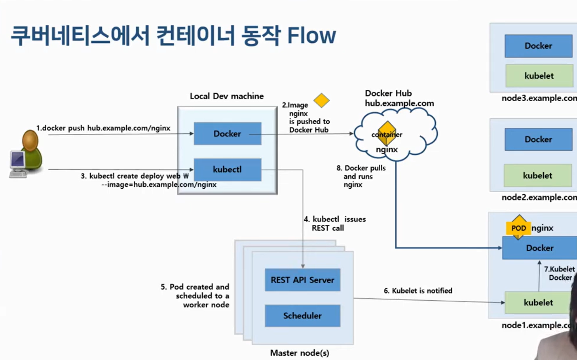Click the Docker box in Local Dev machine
pyautogui.click(x=227, y=134)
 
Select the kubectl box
pyautogui.click(x=227, y=169)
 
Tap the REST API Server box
pyautogui.click(x=302, y=280)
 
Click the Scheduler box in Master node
pyautogui.click(x=302, y=316)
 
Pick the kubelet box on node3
pyautogui.click(x=539, y=76)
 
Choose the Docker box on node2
pyautogui.click(x=538, y=139)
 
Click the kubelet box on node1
pyautogui.click(x=538, y=303)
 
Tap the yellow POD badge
pyautogui.click(x=518, y=228)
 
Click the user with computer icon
pyautogui.click(x=26, y=154)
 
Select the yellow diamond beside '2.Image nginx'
pyautogui.click(x=321, y=100)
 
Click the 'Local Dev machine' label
pyautogui.click(x=227, y=96)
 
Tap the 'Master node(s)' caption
pyautogui.click(x=300, y=353)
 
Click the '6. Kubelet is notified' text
pyautogui.click(x=418, y=291)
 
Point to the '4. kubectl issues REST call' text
pyautogui.click(x=334, y=224)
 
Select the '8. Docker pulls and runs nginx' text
pyautogui.click(x=360, y=176)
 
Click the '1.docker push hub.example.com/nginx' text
pyautogui.click(x=103, y=128)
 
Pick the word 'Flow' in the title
pyautogui.click(x=311, y=36)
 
